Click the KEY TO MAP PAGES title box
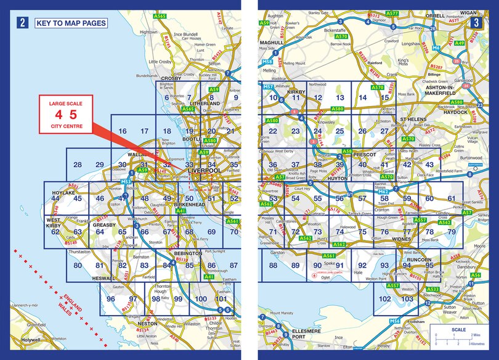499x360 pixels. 71,23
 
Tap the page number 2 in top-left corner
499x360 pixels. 23,23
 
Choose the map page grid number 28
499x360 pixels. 77,165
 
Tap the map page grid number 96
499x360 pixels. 112,299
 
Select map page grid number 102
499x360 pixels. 385,299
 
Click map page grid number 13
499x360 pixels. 339,98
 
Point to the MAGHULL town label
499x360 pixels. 271,43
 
